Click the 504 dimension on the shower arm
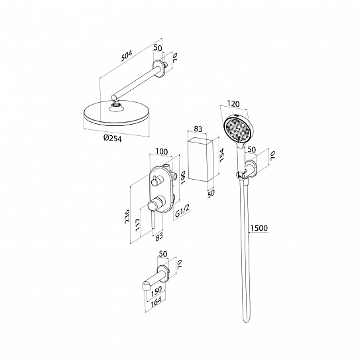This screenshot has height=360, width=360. point(127,56)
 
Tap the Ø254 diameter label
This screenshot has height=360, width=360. point(113,138)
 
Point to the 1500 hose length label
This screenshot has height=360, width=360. point(259,228)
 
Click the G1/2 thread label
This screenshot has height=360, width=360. point(182,211)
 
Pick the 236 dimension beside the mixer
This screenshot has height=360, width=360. point(127,217)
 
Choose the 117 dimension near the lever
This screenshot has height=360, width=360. point(138,225)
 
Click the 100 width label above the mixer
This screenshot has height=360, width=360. point(162,152)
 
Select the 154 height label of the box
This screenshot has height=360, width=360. point(221,155)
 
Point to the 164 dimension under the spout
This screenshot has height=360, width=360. point(156,301)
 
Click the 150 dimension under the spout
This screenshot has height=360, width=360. point(156,291)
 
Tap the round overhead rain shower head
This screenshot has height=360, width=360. point(117,113)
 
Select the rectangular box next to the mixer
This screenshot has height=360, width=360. point(201,160)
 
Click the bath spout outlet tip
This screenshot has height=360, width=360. point(146,286)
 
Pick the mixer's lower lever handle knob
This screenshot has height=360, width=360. point(153,204)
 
